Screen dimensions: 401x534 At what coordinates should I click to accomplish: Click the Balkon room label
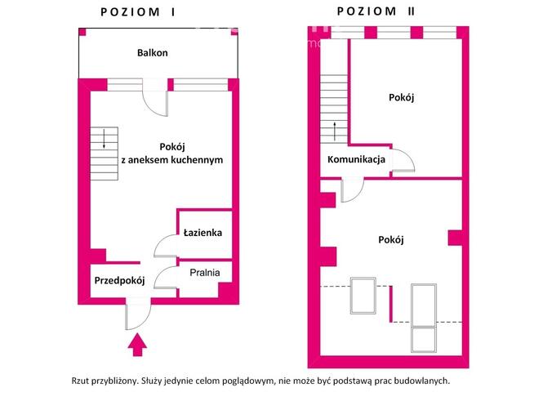[x=153, y=53]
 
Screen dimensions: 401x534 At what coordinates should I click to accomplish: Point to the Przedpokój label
[x=119, y=280]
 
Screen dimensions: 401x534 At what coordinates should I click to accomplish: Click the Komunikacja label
[x=356, y=159]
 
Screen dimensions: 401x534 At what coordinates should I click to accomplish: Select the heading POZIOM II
[x=379, y=11]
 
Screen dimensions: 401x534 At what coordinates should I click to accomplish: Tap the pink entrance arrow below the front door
[x=138, y=345]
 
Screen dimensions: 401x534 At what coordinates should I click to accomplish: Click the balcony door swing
[x=154, y=101]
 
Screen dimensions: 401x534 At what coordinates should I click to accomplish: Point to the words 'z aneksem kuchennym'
[x=171, y=160]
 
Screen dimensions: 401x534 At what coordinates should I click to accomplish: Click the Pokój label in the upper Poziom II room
[x=402, y=97]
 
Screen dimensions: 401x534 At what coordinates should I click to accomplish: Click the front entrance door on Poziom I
[x=136, y=311]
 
